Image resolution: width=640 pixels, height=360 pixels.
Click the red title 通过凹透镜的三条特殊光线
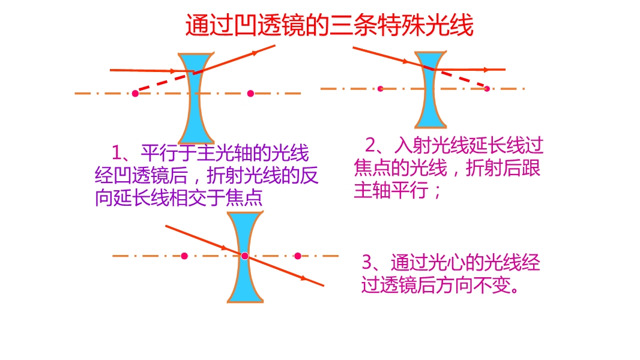[330, 25]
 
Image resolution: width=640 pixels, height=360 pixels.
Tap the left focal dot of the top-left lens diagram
[135, 94]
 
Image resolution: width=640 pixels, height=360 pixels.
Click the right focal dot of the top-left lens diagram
[250, 94]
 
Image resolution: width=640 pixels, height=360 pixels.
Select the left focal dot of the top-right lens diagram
[381, 88]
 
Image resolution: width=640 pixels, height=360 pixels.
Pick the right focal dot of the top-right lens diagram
[486, 88]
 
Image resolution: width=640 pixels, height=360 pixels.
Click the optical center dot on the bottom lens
[244, 256]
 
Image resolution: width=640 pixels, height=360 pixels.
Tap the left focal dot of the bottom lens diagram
[184, 256]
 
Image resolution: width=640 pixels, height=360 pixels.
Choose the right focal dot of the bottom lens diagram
[298, 256]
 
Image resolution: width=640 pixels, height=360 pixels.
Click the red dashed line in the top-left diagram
[165, 82]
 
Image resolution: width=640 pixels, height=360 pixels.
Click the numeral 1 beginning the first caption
[116, 153]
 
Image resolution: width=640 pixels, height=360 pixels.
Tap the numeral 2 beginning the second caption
[370, 145]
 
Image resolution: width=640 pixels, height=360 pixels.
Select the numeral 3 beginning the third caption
[367, 262]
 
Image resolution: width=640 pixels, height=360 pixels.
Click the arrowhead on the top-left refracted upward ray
[255, 53]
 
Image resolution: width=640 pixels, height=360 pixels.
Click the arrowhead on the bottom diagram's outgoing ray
[303, 278]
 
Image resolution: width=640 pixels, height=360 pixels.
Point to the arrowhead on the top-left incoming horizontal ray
[173, 71]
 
